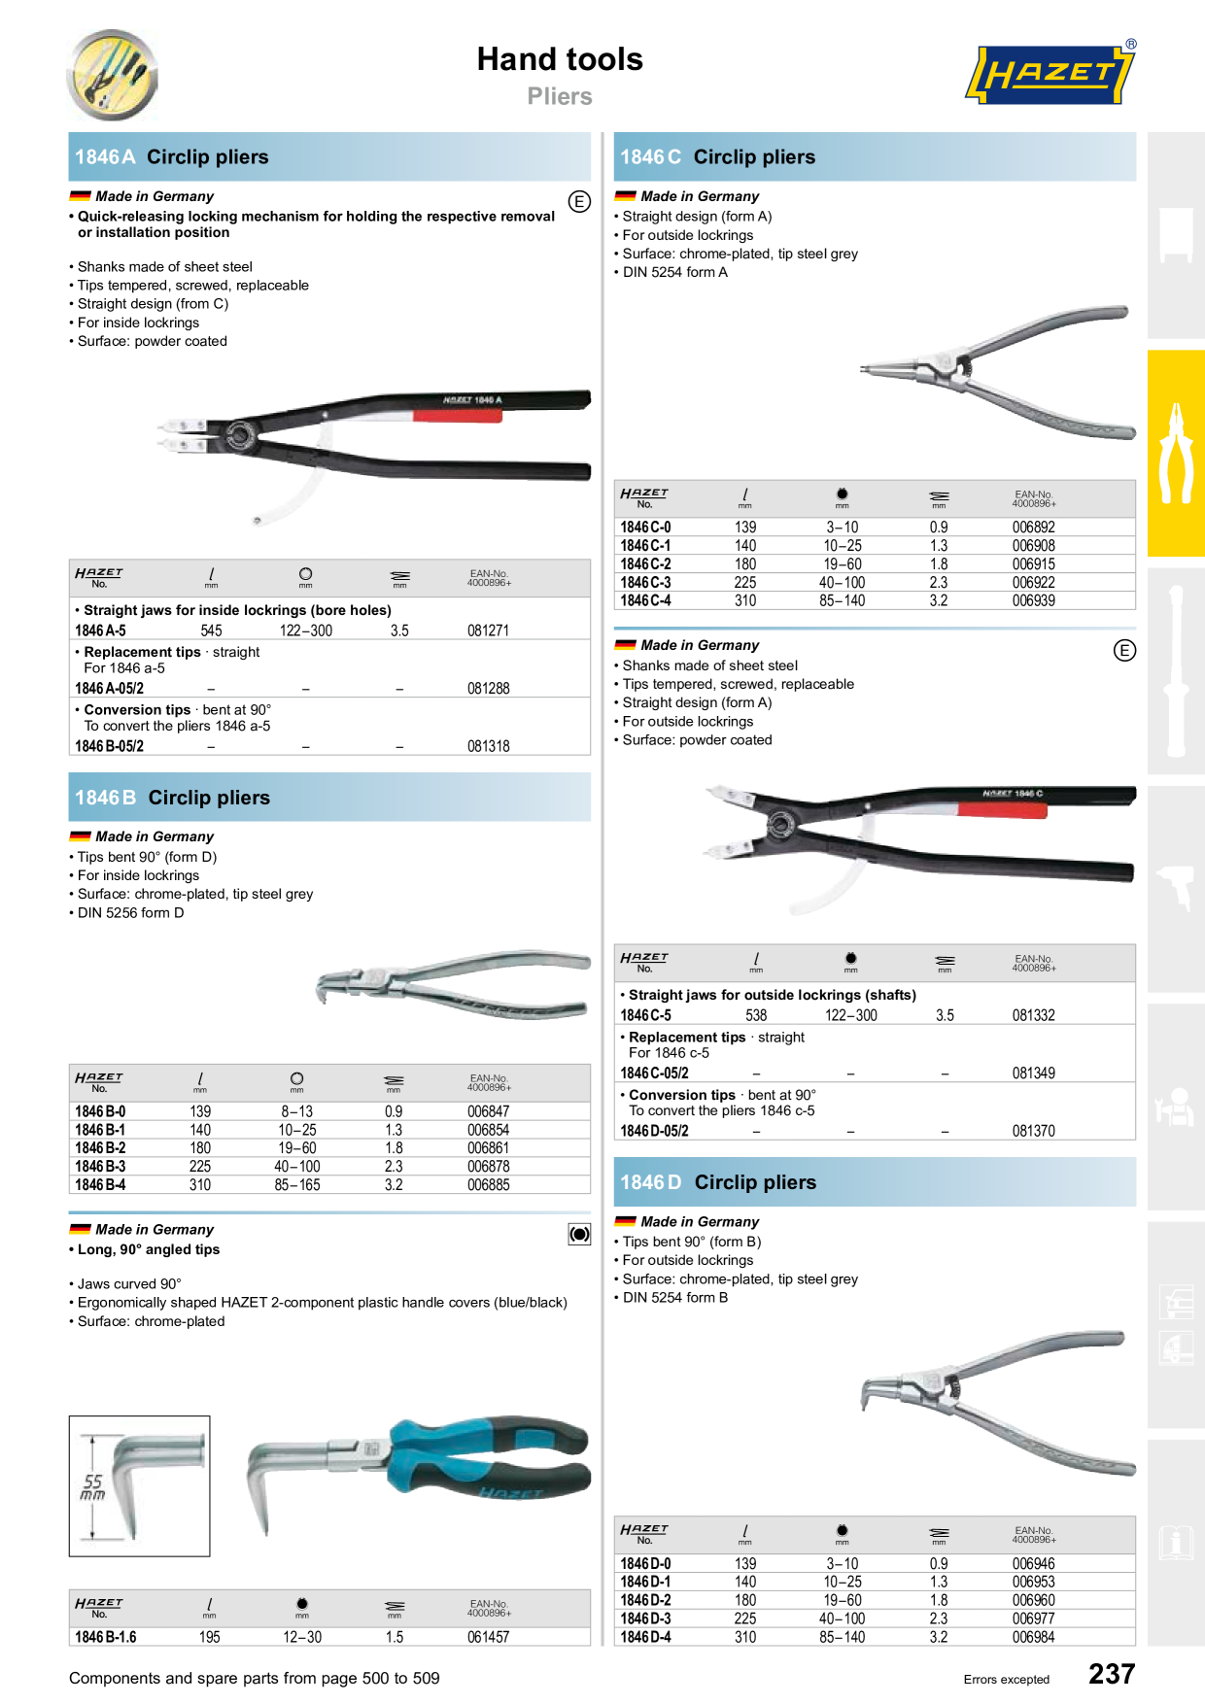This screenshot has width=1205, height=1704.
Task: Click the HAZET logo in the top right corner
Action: (x=1050, y=74)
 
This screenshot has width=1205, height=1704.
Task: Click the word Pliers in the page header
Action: (x=559, y=96)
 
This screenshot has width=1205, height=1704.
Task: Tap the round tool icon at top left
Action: (x=112, y=75)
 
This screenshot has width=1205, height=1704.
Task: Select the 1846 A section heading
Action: (x=172, y=157)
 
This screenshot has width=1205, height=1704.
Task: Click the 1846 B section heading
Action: (x=173, y=798)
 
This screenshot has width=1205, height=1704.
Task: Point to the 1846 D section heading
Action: (x=718, y=1182)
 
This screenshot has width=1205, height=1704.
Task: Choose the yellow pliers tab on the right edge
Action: (x=1176, y=453)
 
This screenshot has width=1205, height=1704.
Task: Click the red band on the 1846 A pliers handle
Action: (x=458, y=416)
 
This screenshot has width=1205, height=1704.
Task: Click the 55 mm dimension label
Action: (x=93, y=1486)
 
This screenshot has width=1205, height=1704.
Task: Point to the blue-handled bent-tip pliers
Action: (x=428, y=1462)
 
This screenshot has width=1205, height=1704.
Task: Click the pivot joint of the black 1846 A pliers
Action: (x=238, y=435)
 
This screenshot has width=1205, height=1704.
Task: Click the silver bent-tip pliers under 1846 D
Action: (x=1001, y=1399)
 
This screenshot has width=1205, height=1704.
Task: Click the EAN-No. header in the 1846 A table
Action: (x=489, y=578)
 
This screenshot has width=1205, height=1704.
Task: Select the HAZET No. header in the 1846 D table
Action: (x=643, y=1534)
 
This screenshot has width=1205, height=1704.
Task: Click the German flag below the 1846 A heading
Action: (x=80, y=197)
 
